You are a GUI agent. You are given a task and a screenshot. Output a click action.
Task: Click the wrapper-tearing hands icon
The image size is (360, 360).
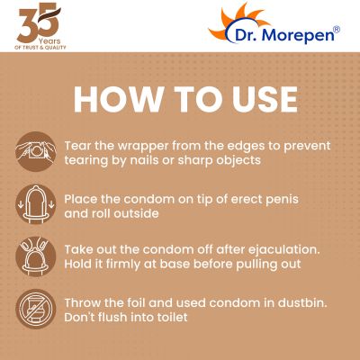[x=33, y=151]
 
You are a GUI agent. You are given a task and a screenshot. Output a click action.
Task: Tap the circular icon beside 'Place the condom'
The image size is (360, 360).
[x=33, y=206]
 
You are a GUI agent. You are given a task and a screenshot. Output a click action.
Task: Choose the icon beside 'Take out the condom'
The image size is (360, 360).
[x=33, y=257]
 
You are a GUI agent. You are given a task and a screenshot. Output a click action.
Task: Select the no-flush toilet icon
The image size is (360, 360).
[x=33, y=309]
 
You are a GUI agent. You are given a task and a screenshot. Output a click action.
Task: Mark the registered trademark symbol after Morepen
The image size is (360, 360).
[x=337, y=30]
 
